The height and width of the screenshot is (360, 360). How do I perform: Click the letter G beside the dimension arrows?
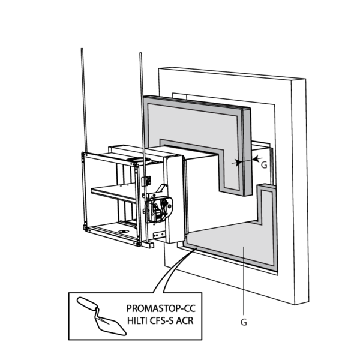point(265,163)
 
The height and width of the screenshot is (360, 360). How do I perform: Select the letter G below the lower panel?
point(244,322)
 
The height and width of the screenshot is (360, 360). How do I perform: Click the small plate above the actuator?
point(146,180)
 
